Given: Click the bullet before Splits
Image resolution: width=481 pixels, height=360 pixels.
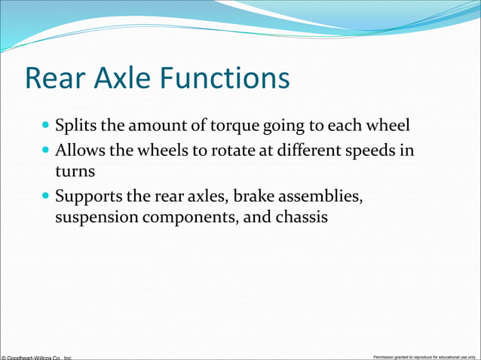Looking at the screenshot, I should pyautogui.click(x=47, y=123).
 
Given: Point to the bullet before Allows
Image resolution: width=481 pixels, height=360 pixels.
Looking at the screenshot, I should pyautogui.click(x=47, y=150).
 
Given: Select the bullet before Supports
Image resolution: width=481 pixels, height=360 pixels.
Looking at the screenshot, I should pyautogui.click(x=47, y=199).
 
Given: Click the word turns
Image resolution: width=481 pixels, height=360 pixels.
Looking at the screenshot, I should pyautogui.click(x=74, y=172).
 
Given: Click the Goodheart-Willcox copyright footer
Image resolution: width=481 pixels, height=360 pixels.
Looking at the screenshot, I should pyautogui.click(x=36, y=356).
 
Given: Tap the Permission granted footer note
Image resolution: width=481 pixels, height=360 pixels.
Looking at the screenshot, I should pyautogui.click(x=424, y=356).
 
